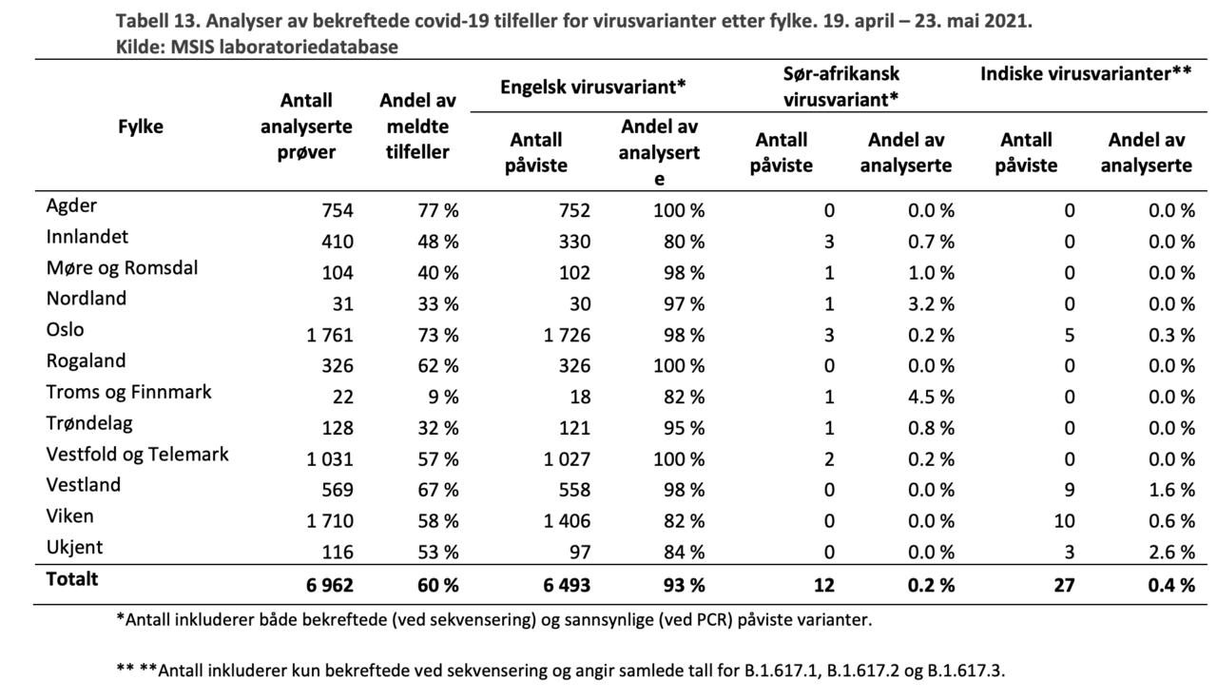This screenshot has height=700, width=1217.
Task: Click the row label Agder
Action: (x=71, y=205)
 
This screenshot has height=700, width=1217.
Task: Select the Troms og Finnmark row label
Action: (x=128, y=392)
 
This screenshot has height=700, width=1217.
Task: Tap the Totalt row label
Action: (x=72, y=578)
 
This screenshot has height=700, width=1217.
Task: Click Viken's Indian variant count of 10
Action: (x=1064, y=522)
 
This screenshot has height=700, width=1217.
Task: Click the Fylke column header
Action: (x=140, y=126)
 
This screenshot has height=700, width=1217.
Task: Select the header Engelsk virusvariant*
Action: (x=593, y=88)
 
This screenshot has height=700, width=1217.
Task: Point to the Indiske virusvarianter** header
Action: (x=1086, y=73)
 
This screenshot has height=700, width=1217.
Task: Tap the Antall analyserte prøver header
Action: (x=306, y=126)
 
